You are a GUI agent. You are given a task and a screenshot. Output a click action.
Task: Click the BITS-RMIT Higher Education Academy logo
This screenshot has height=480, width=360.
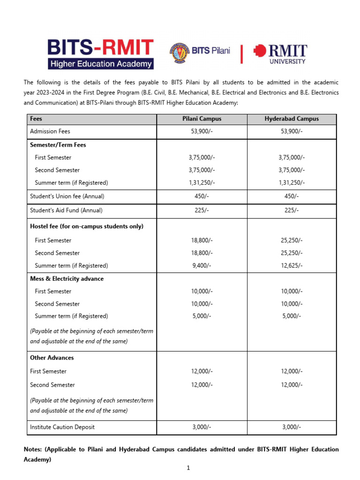[100, 53]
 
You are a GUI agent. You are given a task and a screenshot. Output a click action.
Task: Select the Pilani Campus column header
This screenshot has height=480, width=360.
[202, 119]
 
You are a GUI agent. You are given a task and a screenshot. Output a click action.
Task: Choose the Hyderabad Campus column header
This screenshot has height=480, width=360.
[291, 119]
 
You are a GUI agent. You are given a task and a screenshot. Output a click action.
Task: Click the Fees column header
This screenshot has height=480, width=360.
[36, 119]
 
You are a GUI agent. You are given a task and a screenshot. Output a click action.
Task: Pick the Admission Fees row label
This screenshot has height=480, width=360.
[50, 131]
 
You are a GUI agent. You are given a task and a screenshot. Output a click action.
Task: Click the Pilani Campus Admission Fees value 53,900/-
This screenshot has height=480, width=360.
[202, 131]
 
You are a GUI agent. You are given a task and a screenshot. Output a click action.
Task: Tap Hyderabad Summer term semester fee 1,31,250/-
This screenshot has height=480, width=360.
[291, 182]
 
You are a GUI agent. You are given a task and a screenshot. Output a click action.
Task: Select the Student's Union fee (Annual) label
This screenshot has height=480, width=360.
[67, 196]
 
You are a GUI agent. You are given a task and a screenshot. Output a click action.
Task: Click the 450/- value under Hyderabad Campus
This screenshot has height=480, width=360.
[291, 196]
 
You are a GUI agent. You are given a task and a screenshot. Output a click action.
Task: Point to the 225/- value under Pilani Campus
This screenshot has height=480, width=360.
[202, 210]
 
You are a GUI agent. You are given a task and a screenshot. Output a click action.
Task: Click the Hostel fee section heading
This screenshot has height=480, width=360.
[87, 226]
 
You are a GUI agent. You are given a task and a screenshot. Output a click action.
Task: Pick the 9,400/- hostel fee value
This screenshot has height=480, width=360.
[202, 265]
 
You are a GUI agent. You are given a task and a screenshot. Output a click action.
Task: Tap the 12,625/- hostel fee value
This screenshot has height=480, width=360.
[291, 265]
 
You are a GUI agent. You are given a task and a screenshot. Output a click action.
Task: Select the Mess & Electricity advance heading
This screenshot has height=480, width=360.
[67, 278]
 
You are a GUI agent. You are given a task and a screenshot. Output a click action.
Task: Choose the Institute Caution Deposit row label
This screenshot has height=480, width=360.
[62, 427]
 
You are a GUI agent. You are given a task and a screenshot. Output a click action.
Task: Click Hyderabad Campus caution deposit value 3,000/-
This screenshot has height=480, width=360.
[291, 427]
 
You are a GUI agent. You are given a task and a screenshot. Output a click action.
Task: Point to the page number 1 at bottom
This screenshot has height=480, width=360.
[187, 468]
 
